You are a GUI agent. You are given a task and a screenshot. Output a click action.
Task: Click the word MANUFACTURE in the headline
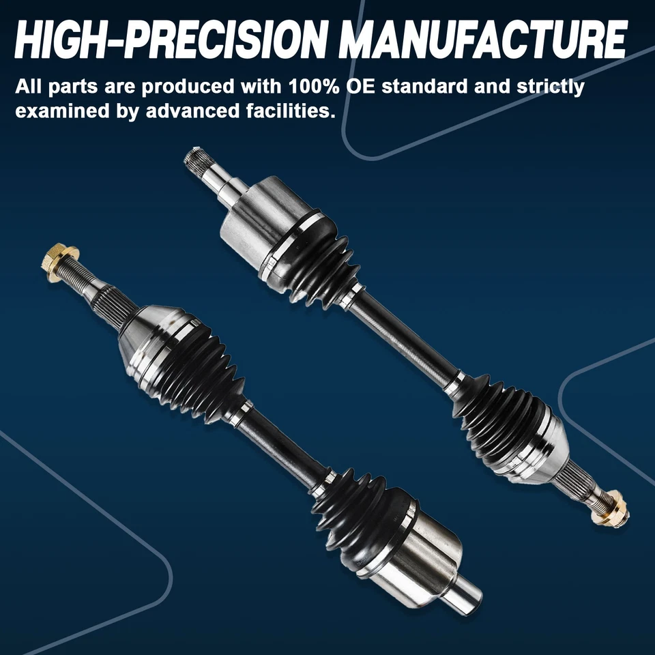click(x=483, y=41)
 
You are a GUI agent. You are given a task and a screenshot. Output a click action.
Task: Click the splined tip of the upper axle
click(x=196, y=158)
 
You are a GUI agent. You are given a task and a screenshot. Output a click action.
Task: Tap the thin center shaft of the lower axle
click(x=283, y=443)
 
